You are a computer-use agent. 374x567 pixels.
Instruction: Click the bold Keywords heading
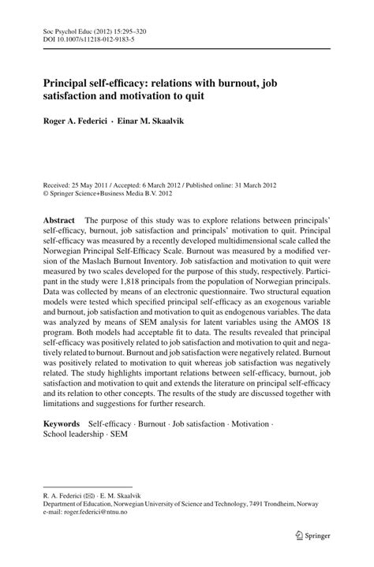point(63,424)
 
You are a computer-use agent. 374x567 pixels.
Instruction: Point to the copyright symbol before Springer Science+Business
point(46,191)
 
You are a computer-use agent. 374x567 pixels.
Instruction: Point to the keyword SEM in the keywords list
point(141,435)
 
